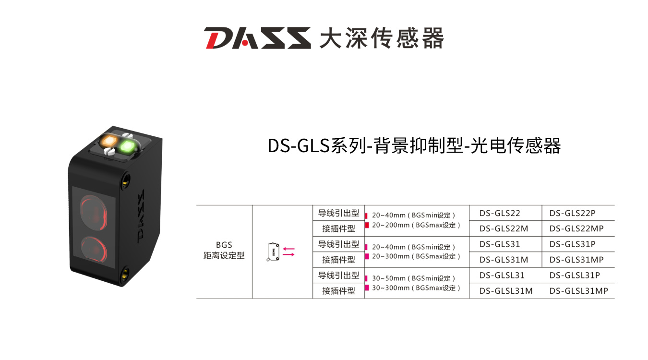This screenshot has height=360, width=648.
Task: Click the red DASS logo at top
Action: click(257, 38)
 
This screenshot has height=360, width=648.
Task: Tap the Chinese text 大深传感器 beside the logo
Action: click(382, 38)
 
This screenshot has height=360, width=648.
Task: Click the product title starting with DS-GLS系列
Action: click(414, 146)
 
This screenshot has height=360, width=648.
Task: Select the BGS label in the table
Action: click(224, 245)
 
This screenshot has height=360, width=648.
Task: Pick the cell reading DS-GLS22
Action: click(499, 213)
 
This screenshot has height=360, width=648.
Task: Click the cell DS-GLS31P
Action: click(572, 244)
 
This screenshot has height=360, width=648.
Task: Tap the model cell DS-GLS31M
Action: click(504, 260)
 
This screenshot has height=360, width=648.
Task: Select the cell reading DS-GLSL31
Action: click(502, 275)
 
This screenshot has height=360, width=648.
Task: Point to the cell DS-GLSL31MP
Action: click(578, 291)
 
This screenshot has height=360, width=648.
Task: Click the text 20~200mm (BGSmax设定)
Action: click(416, 225)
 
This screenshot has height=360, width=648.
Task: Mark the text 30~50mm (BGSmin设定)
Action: click(413, 278)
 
